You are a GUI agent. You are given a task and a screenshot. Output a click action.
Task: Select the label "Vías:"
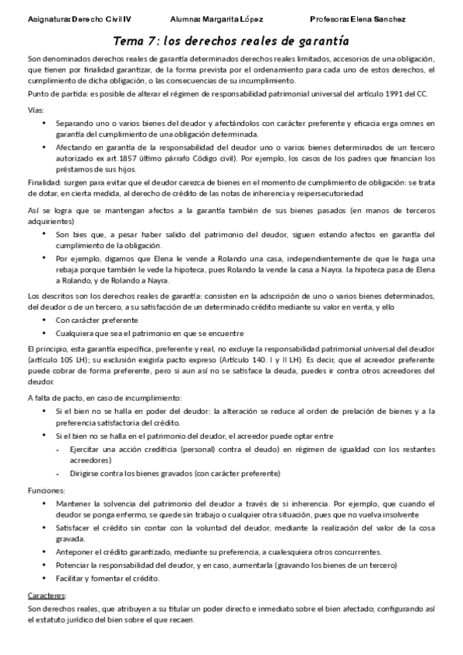pos(36,110)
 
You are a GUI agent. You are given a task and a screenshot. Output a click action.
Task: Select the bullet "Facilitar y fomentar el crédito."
pos(107,579)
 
